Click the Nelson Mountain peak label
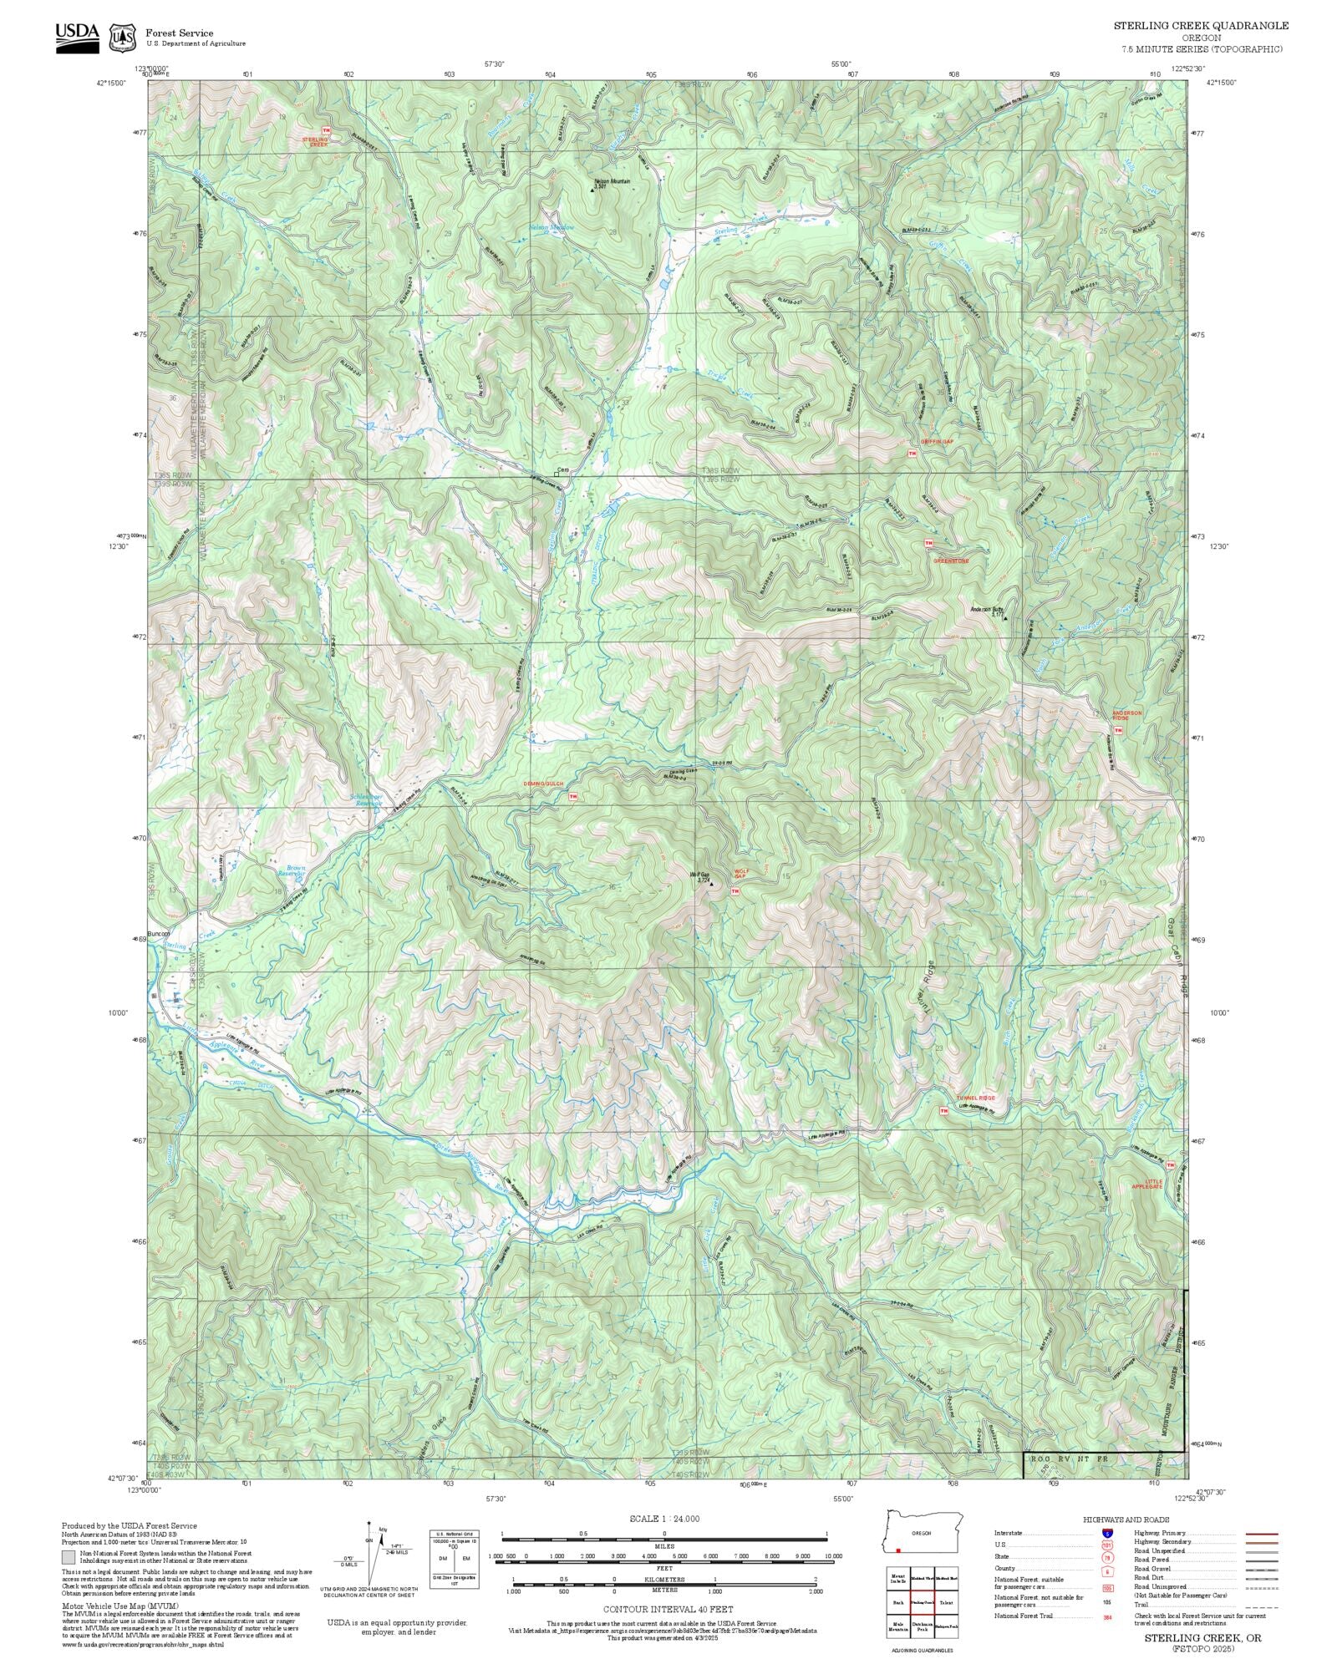pos(612,180)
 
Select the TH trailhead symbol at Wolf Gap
pos(735,891)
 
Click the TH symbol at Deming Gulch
pos(572,796)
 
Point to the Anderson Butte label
pos(987,609)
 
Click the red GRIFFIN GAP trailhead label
pos(936,440)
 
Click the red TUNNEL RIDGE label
pos(975,1098)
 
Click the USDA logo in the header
pos(77,38)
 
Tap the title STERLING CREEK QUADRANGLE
pos(1200,26)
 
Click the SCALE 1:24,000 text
pos(664,1519)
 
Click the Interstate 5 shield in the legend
pos(1107,1534)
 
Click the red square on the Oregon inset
pos(897,1550)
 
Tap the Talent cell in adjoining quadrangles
pos(946,1602)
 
